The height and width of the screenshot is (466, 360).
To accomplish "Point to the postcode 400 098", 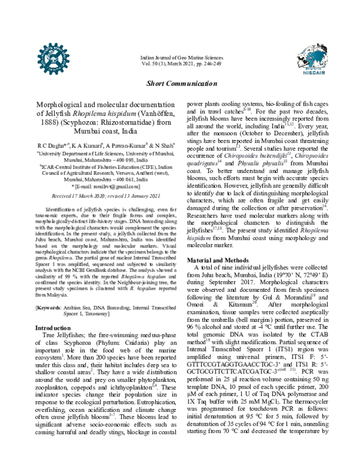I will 129,162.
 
